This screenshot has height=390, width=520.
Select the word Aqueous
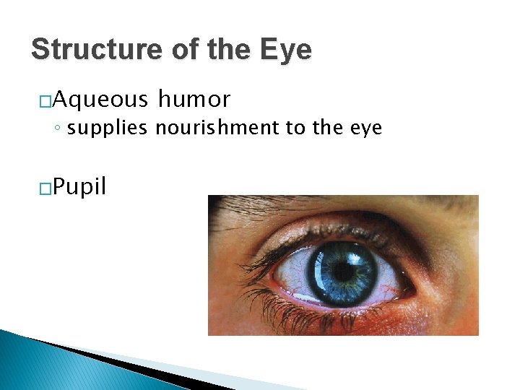[100, 99]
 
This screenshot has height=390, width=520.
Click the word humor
[194, 99]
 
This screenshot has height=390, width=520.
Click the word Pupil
[79, 187]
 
